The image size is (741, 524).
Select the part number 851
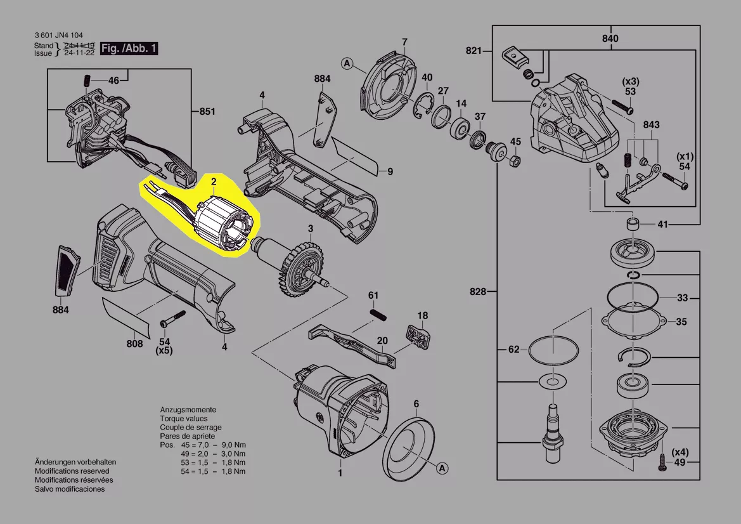click(x=207, y=112)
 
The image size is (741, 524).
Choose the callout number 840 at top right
click(x=609, y=39)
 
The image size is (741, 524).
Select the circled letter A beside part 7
click(x=346, y=63)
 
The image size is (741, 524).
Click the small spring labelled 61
click(x=378, y=313)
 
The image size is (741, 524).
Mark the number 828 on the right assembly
click(x=478, y=292)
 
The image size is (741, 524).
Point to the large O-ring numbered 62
click(x=553, y=350)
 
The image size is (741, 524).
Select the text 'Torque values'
click(x=183, y=419)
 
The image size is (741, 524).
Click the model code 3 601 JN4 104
click(x=58, y=36)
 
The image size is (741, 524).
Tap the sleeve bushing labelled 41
click(x=631, y=224)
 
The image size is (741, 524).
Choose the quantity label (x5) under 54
click(x=164, y=350)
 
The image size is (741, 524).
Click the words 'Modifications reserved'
click(x=72, y=471)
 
